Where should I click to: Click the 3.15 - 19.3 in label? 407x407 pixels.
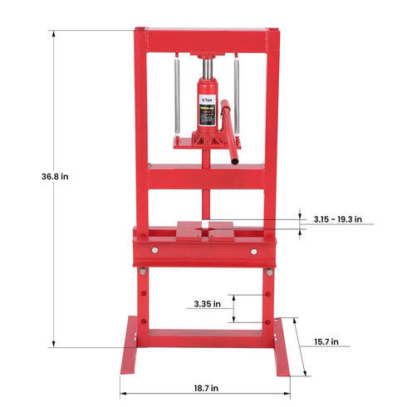click(338, 219)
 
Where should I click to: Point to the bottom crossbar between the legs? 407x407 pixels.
click(205, 336)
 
